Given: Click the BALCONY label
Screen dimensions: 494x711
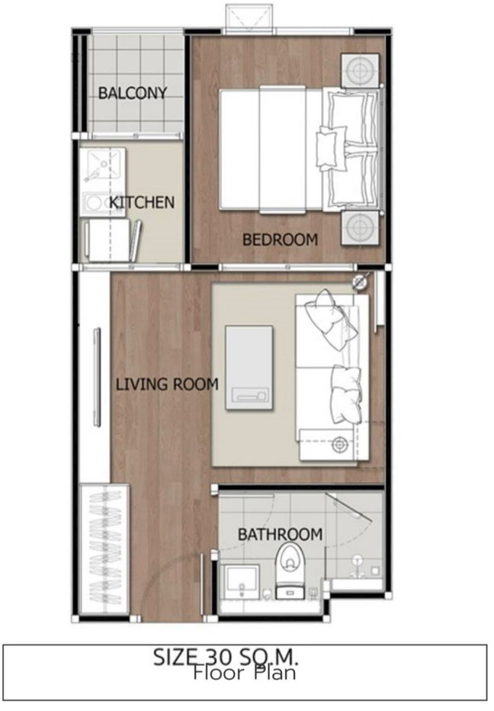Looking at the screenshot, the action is [x=133, y=93].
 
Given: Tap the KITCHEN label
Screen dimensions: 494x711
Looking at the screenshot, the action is [x=142, y=202].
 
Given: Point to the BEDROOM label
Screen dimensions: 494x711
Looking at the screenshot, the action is [x=280, y=240].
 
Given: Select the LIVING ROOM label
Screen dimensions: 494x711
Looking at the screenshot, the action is [x=167, y=384].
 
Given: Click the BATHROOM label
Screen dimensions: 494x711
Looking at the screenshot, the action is [x=280, y=534].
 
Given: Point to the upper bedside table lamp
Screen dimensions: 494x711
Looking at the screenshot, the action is [x=360, y=71].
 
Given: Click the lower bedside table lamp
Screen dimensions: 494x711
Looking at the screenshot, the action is [x=360, y=227].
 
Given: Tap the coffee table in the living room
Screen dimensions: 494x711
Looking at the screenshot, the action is [x=249, y=368].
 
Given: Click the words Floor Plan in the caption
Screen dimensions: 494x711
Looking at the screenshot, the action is [x=245, y=672].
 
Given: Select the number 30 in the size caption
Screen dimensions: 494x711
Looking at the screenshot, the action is [x=219, y=657].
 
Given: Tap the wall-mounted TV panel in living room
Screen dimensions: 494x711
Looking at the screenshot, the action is [x=97, y=378].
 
